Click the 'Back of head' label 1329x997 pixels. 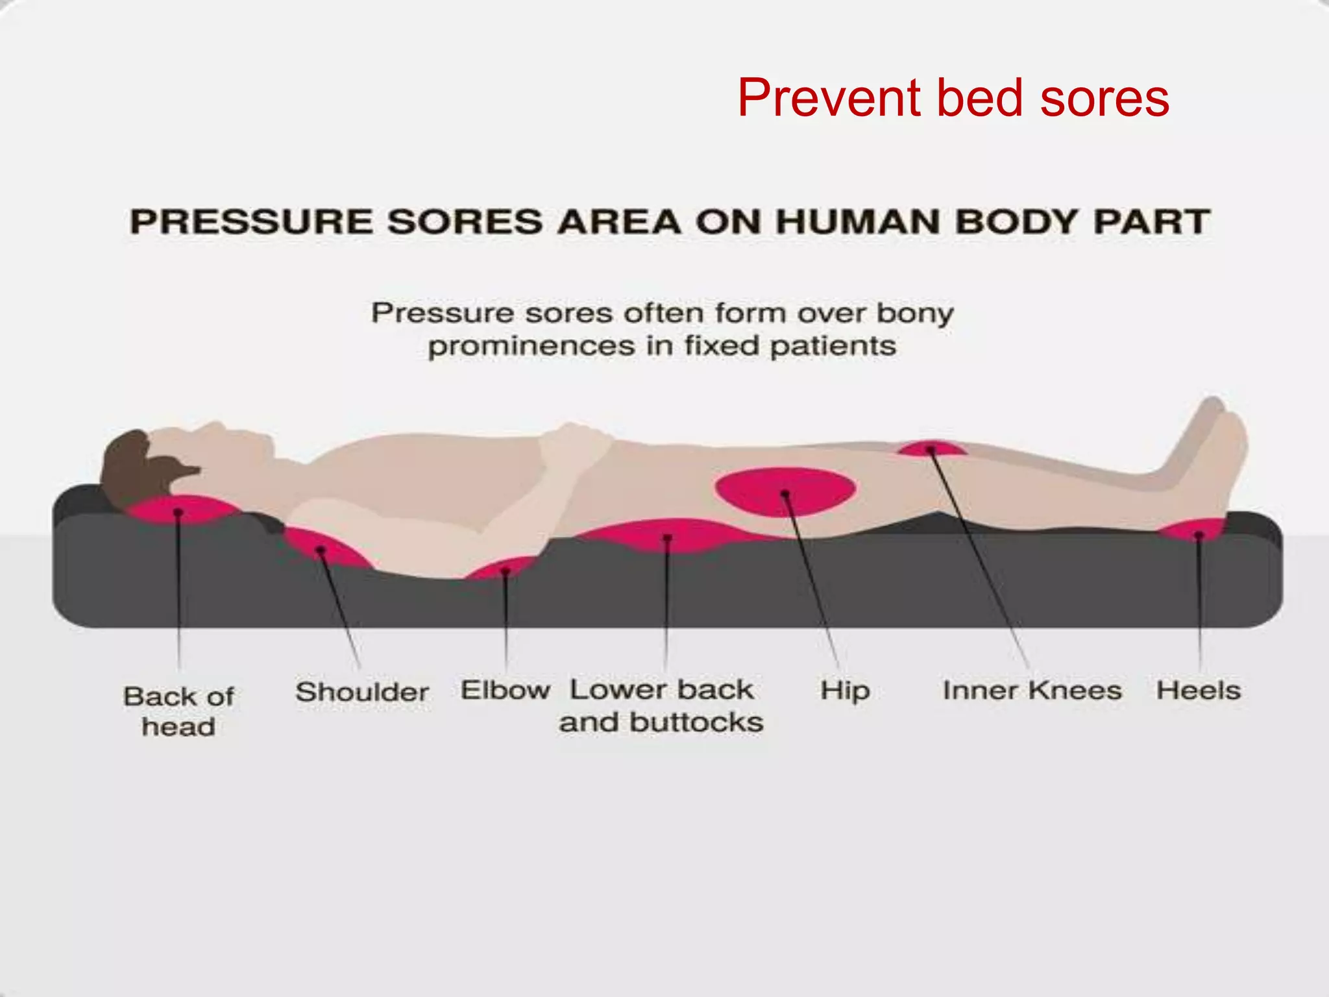(178, 711)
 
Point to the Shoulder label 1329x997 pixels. (362, 692)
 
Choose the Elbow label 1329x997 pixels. (505, 690)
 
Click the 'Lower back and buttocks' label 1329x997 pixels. (661, 706)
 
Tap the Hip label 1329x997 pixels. (845, 691)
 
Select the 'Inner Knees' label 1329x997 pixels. (1032, 691)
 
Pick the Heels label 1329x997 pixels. (1198, 691)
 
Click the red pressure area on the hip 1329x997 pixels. (785, 491)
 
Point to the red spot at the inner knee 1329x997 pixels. (931, 449)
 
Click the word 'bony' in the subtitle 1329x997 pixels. (915, 314)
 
